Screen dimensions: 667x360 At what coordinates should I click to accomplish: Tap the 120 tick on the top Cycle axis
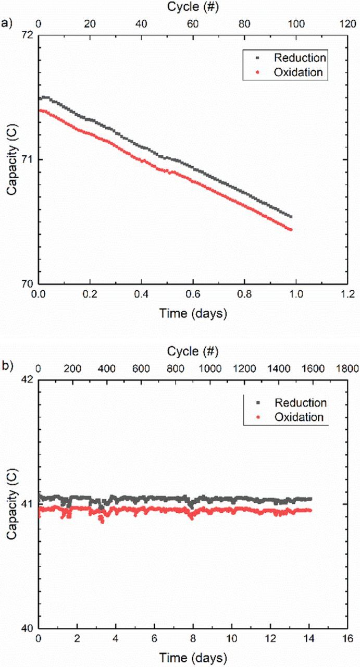pos(347,24)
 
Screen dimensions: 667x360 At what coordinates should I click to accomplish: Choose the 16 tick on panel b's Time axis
pos(347,639)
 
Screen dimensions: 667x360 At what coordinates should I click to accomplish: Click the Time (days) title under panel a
pos(193,314)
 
